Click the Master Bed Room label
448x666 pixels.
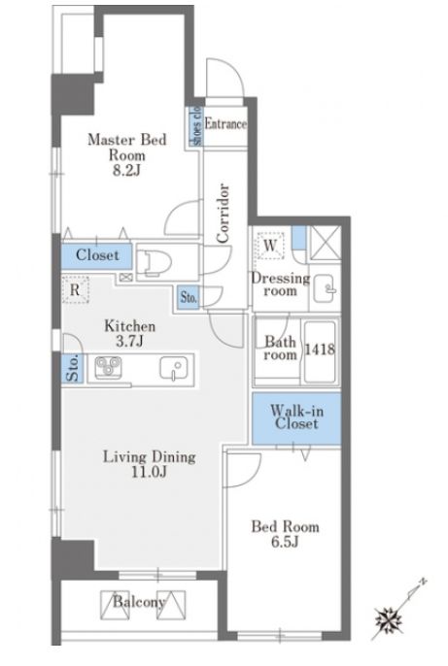[x=126, y=147]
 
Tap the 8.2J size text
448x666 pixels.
[x=126, y=170]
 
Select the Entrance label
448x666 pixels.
[x=225, y=123]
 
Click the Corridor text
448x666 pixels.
[x=223, y=213]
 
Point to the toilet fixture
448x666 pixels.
[x=156, y=262]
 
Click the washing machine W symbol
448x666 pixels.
[x=270, y=245]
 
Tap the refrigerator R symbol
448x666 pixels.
[x=75, y=289]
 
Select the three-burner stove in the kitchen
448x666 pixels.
[x=108, y=367]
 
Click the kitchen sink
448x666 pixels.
[x=173, y=368]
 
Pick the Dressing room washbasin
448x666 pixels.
[x=325, y=288]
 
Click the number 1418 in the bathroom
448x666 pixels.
[x=320, y=350]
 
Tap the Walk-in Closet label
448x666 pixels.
[x=296, y=416]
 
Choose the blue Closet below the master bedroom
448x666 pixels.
[x=97, y=255]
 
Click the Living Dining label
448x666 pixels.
[x=150, y=457]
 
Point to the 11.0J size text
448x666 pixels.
[x=149, y=472]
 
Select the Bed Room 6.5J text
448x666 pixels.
[x=285, y=534]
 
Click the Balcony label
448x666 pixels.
[x=139, y=602]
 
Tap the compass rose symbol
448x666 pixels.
[x=388, y=618]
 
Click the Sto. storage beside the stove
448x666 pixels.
[x=73, y=368]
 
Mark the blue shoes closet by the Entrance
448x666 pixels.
[x=196, y=125]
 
